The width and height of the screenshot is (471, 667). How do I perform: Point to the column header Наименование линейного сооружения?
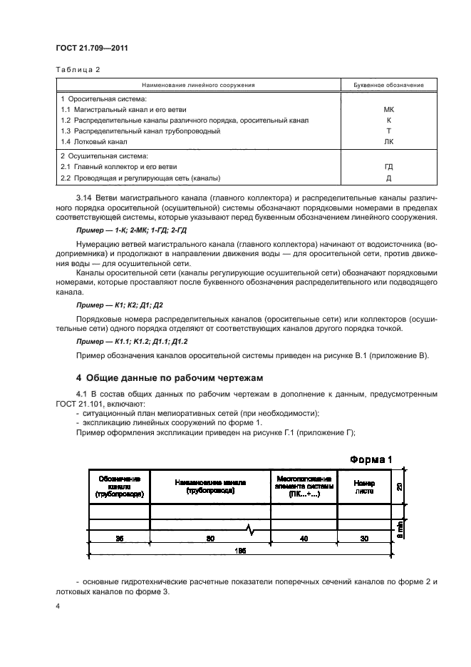tap(200, 85)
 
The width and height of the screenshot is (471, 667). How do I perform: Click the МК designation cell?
tap(388, 110)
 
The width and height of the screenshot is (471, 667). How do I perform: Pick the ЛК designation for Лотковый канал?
tap(388, 142)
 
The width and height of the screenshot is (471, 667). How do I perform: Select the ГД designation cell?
tap(388, 167)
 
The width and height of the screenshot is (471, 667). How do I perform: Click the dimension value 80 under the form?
tap(210, 539)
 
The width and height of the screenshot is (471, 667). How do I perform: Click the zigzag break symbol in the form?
tap(250, 529)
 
